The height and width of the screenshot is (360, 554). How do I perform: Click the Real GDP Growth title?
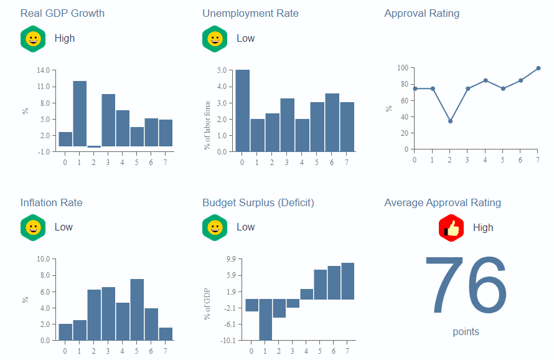(x=62, y=13)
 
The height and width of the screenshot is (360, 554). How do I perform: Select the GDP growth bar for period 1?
(x=80, y=113)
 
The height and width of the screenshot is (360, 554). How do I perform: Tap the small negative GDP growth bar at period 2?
(x=94, y=146)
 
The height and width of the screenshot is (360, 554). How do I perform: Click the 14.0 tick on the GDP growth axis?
(x=44, y=70)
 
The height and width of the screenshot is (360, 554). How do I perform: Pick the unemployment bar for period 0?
(x=242, y=110)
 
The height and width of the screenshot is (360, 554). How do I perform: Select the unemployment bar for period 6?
(x=332, y=122)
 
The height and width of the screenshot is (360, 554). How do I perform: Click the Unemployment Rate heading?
(x=250, y=13)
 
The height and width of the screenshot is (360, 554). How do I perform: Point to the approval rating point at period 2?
(x=450, y=121)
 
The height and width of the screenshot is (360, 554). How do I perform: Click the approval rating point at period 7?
(x=538, y=69)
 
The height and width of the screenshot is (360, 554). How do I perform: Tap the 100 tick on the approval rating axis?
(x=402, y=68)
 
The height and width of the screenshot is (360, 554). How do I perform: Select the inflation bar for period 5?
(x=137, y=310)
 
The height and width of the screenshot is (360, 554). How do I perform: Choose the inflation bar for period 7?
(x=166, y=334)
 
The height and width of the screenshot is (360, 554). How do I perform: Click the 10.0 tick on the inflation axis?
(x=44, y=259)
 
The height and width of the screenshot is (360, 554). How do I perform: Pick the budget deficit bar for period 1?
(x=266, y=320)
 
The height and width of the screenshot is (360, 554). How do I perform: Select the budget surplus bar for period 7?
(x=347, y=281)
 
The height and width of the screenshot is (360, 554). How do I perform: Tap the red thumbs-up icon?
(x=451, y=227)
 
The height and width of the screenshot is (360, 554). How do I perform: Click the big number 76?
(x=466, y=285)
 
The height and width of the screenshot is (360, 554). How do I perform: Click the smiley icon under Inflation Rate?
(x=33, y=227)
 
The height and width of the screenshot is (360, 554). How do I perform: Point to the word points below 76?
(x=466, y=332)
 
